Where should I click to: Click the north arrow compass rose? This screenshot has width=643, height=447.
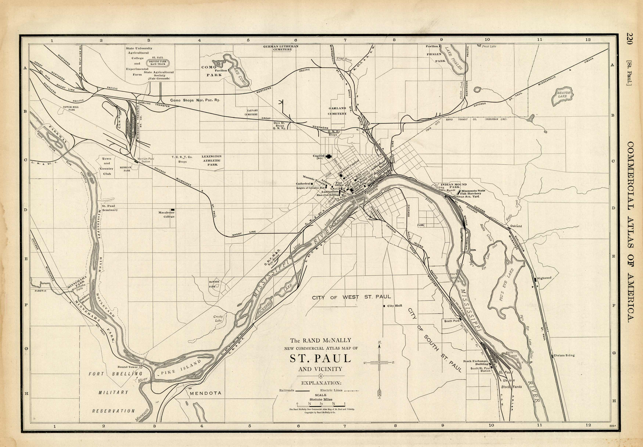pyautogui.click(x=379, y=363)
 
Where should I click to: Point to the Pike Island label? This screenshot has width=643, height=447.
pyautogui.click(x=181, y=367)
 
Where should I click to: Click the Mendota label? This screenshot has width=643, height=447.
pyautogui.click(x=205, y=393)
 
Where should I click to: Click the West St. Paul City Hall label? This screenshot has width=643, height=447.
pyautogui.click(x=395, y=306)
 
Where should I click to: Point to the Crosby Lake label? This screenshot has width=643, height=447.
pyautogui.click(x=218, y=318)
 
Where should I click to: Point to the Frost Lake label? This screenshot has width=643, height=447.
pyautogui.click(x=489, y=46)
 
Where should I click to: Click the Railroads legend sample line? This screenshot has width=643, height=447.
pyautogui.click(x=302, y=390)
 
